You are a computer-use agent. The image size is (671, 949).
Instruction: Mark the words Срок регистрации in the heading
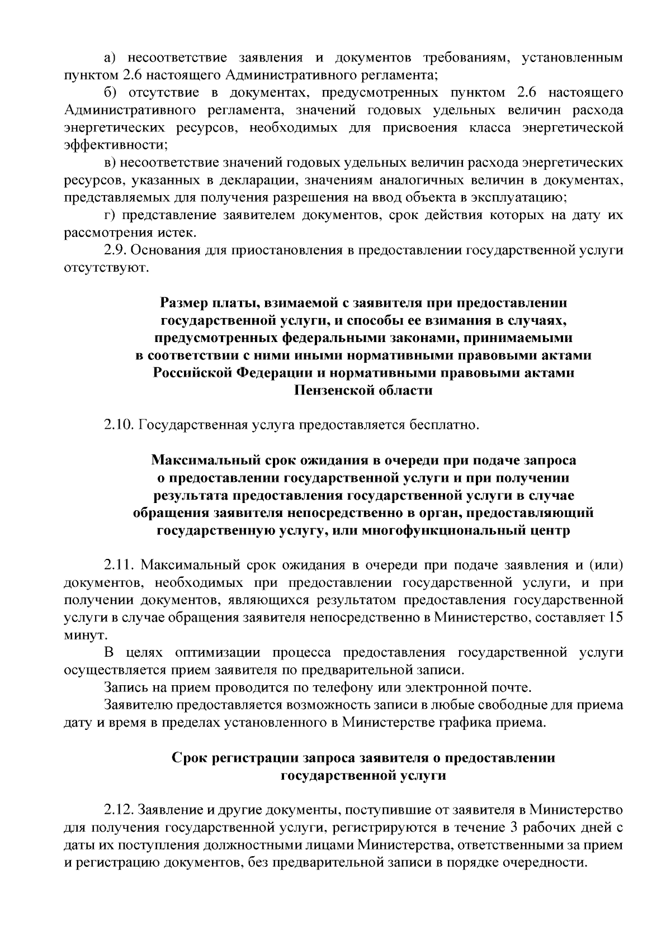click(x=234, y=758)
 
